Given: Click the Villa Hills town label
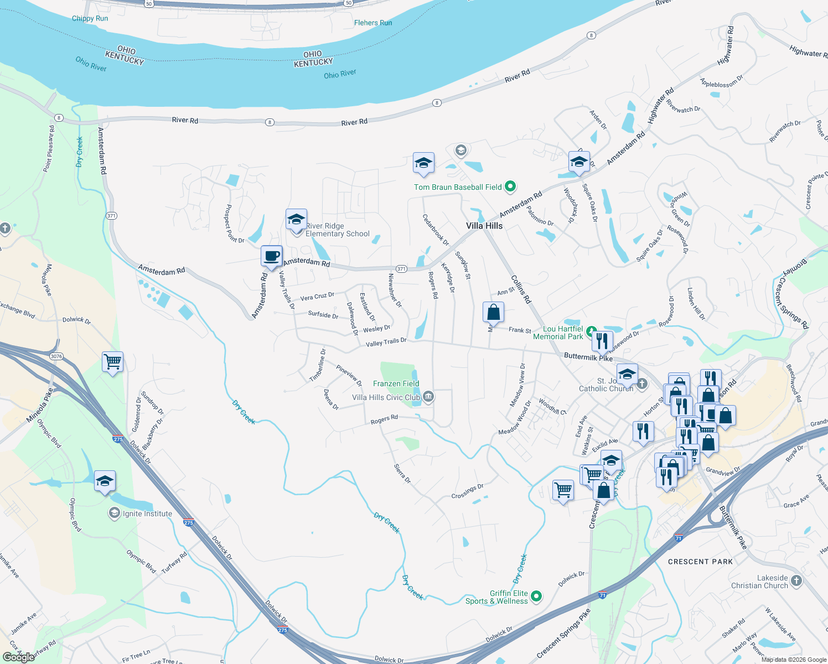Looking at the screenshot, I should pos(484,226).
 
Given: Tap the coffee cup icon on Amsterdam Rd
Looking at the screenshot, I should pos(271,257).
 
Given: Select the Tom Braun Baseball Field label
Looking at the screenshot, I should pos(458,187).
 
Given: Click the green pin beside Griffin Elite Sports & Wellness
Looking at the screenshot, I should pos(536,596).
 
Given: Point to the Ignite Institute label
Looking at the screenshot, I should pos(147,513).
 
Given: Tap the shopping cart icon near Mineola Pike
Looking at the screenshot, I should pos(112,362).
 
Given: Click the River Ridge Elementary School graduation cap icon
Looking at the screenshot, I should pos(296,220).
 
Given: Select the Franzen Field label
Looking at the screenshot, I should pos(396,383).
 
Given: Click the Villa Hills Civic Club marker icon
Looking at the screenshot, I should pos(428,397).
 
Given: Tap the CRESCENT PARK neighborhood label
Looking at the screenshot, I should pos(700,562).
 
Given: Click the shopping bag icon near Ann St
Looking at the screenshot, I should pos(493,313).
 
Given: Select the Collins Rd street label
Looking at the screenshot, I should pos(521,289).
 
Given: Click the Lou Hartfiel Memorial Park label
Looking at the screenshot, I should pos(558,333).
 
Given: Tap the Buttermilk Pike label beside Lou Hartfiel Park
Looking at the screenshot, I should pos(588,357).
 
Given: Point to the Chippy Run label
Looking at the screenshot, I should pos(90,18).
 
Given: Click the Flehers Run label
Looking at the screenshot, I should pos(373,23).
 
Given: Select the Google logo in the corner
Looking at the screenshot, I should pos(18,657).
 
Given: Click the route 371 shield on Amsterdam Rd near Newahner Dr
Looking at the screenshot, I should pos(401,269).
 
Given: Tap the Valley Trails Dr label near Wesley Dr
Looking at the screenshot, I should pos(386,343).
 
